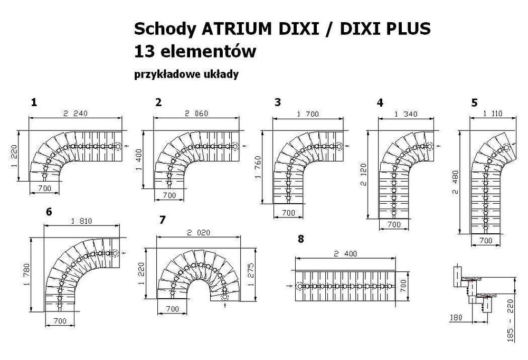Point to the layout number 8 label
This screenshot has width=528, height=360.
tap(301, 239)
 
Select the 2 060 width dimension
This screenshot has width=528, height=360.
tap(197, 113)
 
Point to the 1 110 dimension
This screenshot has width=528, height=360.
tap(492, 112)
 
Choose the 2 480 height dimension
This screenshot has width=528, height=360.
tap(455, 182)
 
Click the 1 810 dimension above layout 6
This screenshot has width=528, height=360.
tap(81, 221)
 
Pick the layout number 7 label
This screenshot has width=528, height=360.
tap(162, 220)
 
